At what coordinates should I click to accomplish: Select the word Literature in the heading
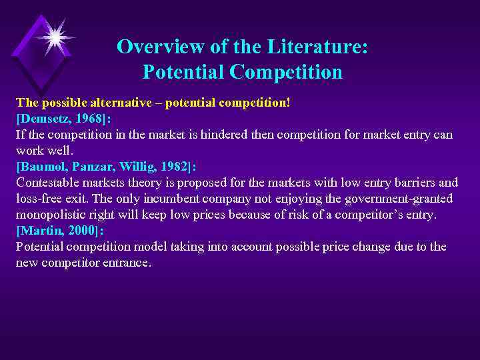(320, 47)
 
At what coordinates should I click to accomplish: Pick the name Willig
(134, 167)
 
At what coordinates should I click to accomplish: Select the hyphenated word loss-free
(39, 199)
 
